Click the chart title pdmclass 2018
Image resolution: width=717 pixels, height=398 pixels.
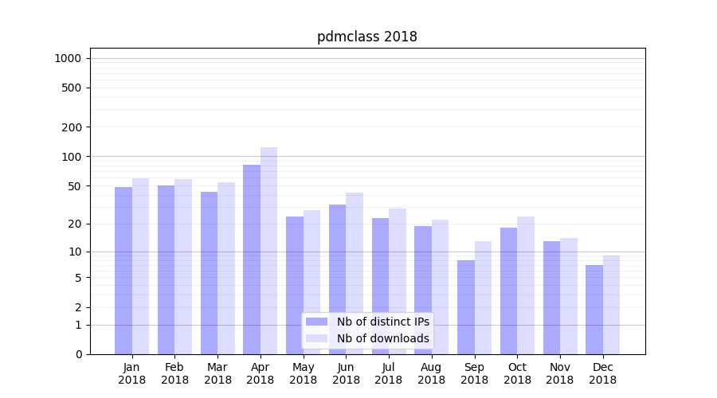(366, 37)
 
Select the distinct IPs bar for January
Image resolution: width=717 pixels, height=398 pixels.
(123, 271)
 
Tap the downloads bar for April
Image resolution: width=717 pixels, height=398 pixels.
(268, 251)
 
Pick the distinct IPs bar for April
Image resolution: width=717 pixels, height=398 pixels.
(252, 259)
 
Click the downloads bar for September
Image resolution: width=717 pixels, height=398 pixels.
(483, 298)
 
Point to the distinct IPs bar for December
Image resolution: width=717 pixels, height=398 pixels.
(594, 310)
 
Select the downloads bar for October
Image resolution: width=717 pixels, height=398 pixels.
(526, 285)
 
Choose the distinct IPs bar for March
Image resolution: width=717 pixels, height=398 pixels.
(209, 273)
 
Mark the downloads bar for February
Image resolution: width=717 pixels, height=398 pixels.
(183, 267)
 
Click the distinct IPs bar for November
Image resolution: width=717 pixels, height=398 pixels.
(551, 298)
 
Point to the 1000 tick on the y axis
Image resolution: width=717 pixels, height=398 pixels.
(68, 58)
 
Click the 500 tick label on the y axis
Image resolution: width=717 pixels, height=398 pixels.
(72, 88)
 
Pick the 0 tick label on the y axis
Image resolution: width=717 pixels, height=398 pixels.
(78, 354)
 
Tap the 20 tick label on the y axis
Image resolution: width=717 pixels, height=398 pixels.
(75, 224)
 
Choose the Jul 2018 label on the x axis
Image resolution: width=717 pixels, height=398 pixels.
(389, 373)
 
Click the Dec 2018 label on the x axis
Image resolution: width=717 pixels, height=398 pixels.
(602, 373)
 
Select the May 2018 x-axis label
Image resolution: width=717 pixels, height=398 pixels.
(303, 373)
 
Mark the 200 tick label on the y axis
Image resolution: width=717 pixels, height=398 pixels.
(72, 127)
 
